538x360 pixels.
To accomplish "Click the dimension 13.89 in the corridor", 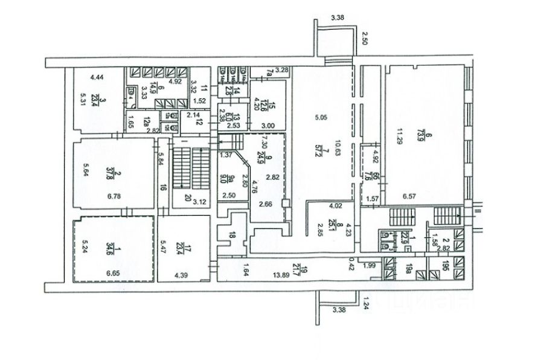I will point(279,274).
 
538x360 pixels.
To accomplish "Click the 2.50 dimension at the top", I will point(364,41).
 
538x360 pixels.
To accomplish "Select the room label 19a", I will point(411,271).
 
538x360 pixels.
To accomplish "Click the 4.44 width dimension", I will point(97,77).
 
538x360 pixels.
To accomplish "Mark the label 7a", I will point(269,74).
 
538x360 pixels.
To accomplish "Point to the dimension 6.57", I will point(410,197).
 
